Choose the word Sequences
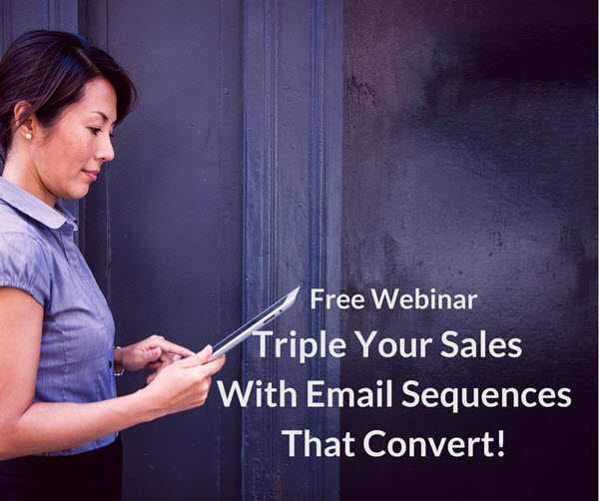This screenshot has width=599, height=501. click(x=485, y=396)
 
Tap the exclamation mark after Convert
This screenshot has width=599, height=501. click(x=500, y=443)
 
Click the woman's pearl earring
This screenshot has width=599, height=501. click(x=28, y=136)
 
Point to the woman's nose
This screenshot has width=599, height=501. click(x=107, y=150)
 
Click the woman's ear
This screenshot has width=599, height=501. click(x=24, y=119)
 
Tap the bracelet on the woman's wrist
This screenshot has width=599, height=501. click(x=118, y=362)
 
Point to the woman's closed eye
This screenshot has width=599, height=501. click(x=93, y=130)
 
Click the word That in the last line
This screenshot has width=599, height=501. click(x=320, y=444)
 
